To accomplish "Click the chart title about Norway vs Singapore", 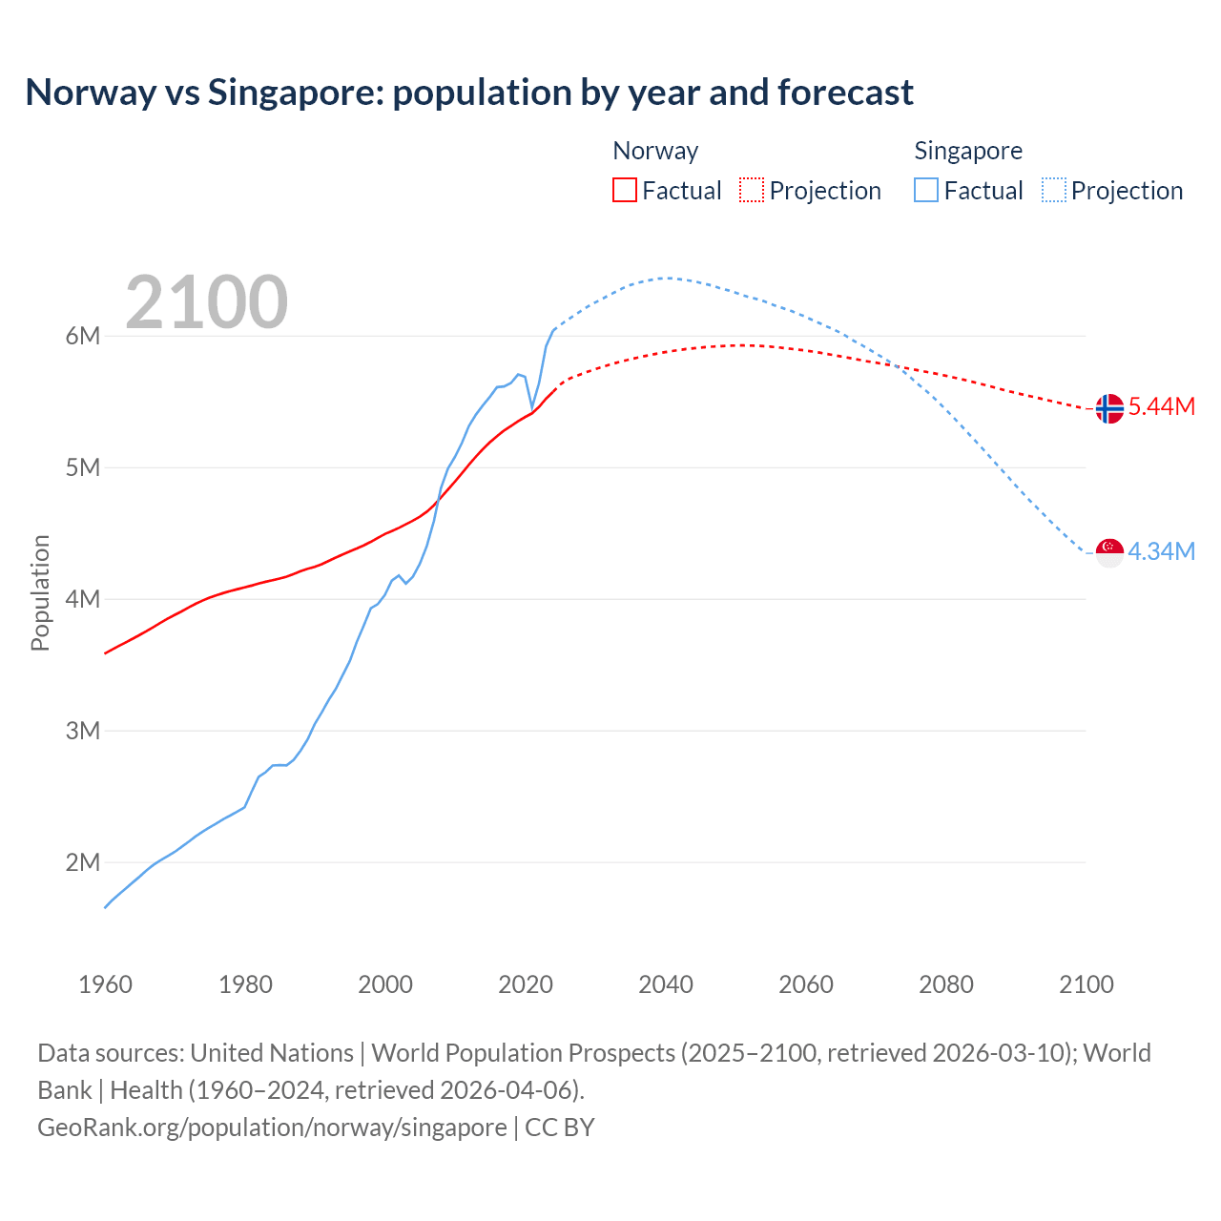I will [469, 93].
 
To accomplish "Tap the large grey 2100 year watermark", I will [207, 302].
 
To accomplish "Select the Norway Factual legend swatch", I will [624, 191].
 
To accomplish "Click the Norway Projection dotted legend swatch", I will [752, 191].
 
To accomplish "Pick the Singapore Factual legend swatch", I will [925, 191].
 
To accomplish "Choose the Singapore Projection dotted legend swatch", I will [1053, 191].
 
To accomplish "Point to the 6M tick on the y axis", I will [83, 336].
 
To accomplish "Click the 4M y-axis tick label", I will [83, 599].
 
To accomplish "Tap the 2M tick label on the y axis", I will [83, 862].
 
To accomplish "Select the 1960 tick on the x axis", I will [105, 984].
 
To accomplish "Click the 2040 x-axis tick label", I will [666, 984].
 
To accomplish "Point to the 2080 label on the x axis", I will [946, 984].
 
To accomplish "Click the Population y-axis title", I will [40, 592].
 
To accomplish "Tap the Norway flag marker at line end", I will [1109, 408].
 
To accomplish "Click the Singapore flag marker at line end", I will [1109, 552].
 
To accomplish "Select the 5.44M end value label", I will [1162, 406].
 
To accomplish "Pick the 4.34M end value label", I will [1162, 551].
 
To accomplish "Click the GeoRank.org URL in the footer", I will [272, 1128].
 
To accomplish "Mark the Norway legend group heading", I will [655, 151].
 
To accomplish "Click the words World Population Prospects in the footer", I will [523, 1053].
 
